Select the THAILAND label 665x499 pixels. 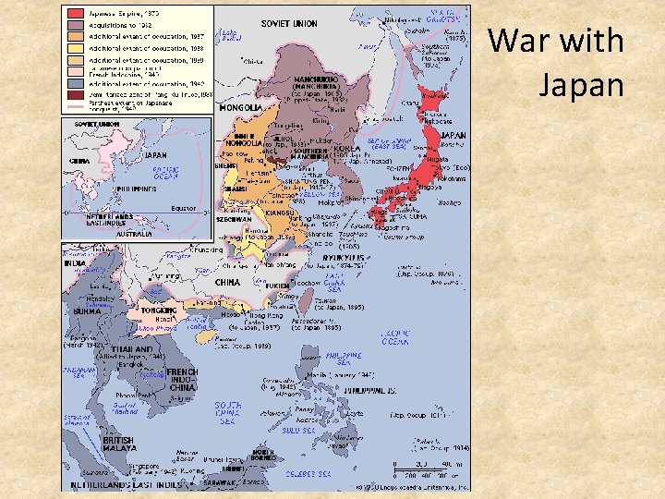[x=132, y=350]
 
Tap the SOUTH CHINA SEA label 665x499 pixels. [x=228, y=412]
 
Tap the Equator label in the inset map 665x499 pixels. [x=183, y=208]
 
